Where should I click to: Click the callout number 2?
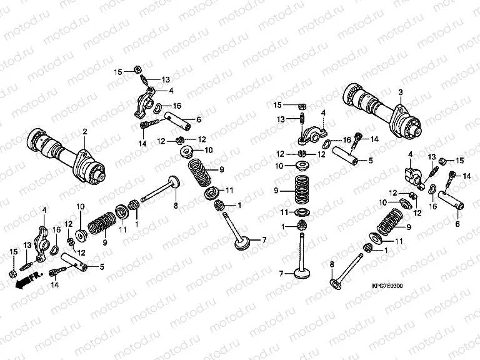[x=84, y=131]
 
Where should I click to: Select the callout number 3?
[x=399, y=92]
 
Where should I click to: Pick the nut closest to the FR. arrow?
[x=12, y=274]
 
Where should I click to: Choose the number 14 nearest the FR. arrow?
[x=54, y=284]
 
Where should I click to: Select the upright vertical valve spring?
[x=304, y=186]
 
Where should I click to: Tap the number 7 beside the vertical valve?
[x=282, y=273]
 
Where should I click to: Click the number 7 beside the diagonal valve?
[x=264, y=240]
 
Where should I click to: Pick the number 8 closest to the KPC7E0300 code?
[x=331, y=265]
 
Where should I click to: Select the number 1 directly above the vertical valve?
[x=282, y=226]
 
